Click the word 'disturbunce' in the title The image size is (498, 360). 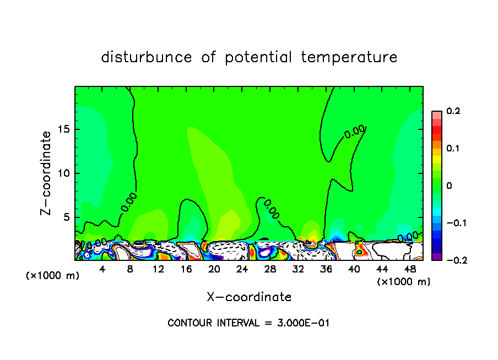point(147,57)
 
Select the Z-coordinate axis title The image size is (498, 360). point(47,173)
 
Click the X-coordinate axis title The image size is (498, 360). point(249,297)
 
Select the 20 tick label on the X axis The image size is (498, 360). point(214,269)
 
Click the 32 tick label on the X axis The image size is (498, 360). point(298,269)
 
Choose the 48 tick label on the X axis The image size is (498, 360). point(410,269)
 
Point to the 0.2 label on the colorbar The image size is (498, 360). point(453,111)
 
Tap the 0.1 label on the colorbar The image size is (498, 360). point(453,148)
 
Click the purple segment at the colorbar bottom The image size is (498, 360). point(437,256)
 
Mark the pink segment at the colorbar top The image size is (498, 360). point(437,114)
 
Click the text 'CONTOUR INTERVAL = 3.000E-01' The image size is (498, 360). point(248,323)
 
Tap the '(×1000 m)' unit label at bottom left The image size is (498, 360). point(53,276)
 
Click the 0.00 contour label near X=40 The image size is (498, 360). point(355,131)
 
